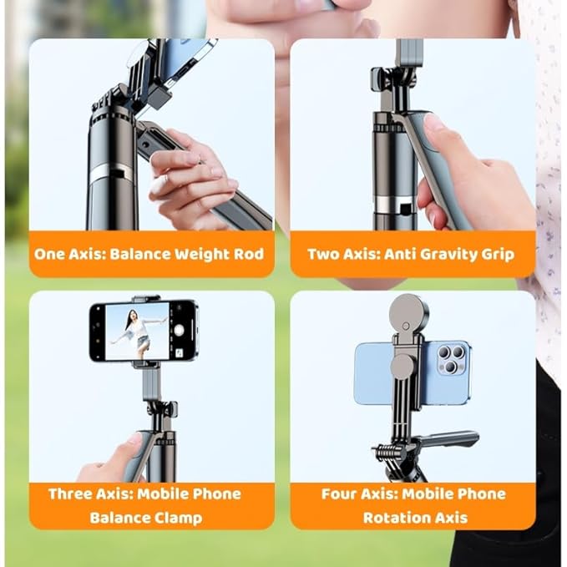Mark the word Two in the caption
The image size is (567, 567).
coord(323,253)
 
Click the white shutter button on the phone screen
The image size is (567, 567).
coord(179,331)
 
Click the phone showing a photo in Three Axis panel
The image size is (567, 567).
coord(144,331)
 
